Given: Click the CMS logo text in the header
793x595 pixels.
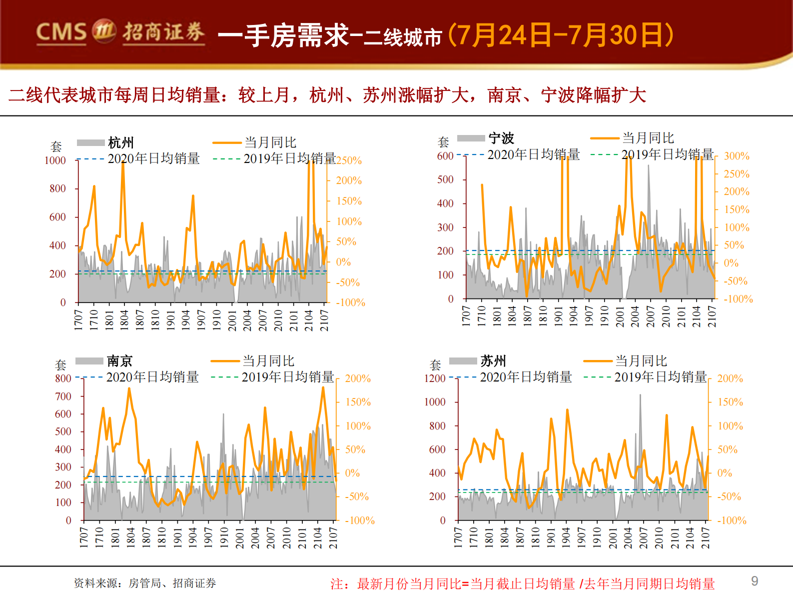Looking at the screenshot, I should (x=61, y=32).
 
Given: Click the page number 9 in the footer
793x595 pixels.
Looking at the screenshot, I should (x=755, y=581).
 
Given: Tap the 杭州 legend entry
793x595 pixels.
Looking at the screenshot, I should (x=121, y=143).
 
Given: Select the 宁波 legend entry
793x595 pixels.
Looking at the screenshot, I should (x=501, y=138).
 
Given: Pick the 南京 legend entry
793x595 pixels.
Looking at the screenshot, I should (x=119, y=361).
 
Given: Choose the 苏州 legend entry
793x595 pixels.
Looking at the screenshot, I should (x=493, y=361).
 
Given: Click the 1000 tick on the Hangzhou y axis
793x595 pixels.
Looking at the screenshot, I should (x=55, y=160).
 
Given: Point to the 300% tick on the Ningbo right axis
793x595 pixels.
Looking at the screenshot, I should (x=737, y=156).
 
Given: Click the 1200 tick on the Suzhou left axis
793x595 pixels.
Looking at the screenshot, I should (x=435, y=378).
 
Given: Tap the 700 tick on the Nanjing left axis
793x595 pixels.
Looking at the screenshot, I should (x=63, y=396).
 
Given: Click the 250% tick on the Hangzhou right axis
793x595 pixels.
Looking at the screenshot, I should (x=349, y=160).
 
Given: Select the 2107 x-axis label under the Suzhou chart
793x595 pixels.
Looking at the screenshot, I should (x=706, y=538).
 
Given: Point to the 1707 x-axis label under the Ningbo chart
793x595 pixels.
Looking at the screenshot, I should (x=466, y=316).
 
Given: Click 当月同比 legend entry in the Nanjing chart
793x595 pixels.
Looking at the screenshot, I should (x=268, y=361).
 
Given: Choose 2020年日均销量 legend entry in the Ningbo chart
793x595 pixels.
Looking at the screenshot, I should (x=533, y=155).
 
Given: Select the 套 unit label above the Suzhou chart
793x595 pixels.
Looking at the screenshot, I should (x=435, y=365).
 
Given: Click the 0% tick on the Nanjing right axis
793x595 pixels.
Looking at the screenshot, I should (x=352, y=473).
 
